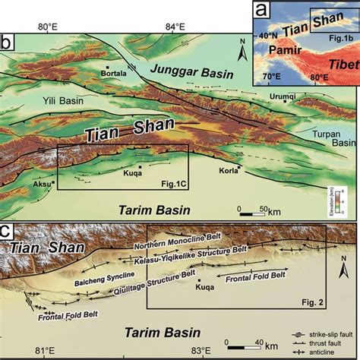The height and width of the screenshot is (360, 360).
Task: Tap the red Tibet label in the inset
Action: pyautogui.click(x=336, y=61)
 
